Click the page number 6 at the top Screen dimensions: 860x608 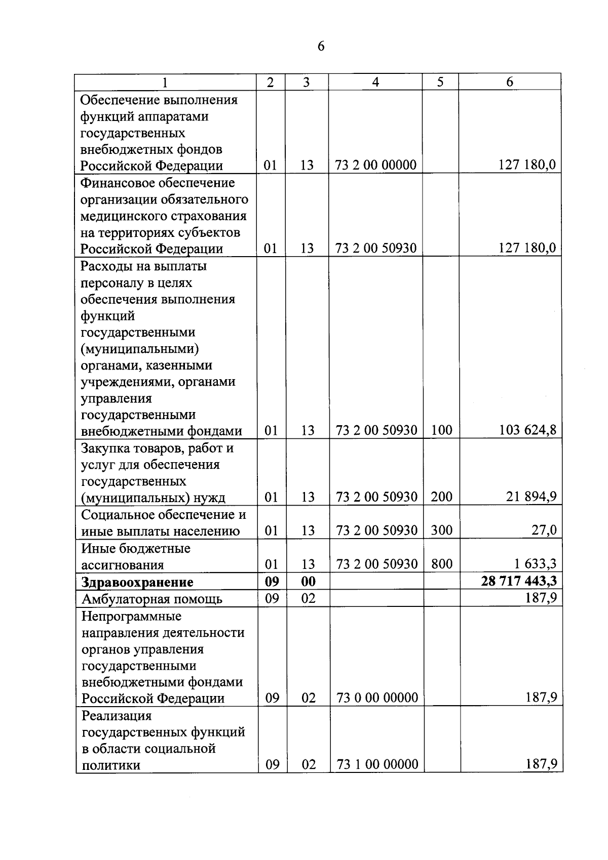pos(321,46)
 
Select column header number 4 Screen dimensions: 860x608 pos(375,82)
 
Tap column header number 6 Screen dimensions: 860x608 pos(510,82)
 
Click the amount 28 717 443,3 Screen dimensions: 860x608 pos(519,581)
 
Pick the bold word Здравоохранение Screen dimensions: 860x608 pos(137,582)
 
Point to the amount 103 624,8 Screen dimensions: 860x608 pos(527,430)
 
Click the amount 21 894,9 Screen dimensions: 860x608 pos(531,497)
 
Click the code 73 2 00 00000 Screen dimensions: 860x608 pos(375,165)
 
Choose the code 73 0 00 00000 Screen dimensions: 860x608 pos(377,698)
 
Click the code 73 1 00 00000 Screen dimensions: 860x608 pos(377,764)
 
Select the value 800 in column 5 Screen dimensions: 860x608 pos(441,564)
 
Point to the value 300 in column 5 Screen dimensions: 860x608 pos(441,530)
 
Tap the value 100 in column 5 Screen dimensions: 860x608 pos(441,430)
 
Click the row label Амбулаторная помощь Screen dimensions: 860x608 pos(152,599)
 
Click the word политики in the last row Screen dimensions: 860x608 pos(111,765)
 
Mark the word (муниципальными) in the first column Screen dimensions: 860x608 pos(140,349)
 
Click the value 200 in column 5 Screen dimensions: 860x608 pos(441,497)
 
